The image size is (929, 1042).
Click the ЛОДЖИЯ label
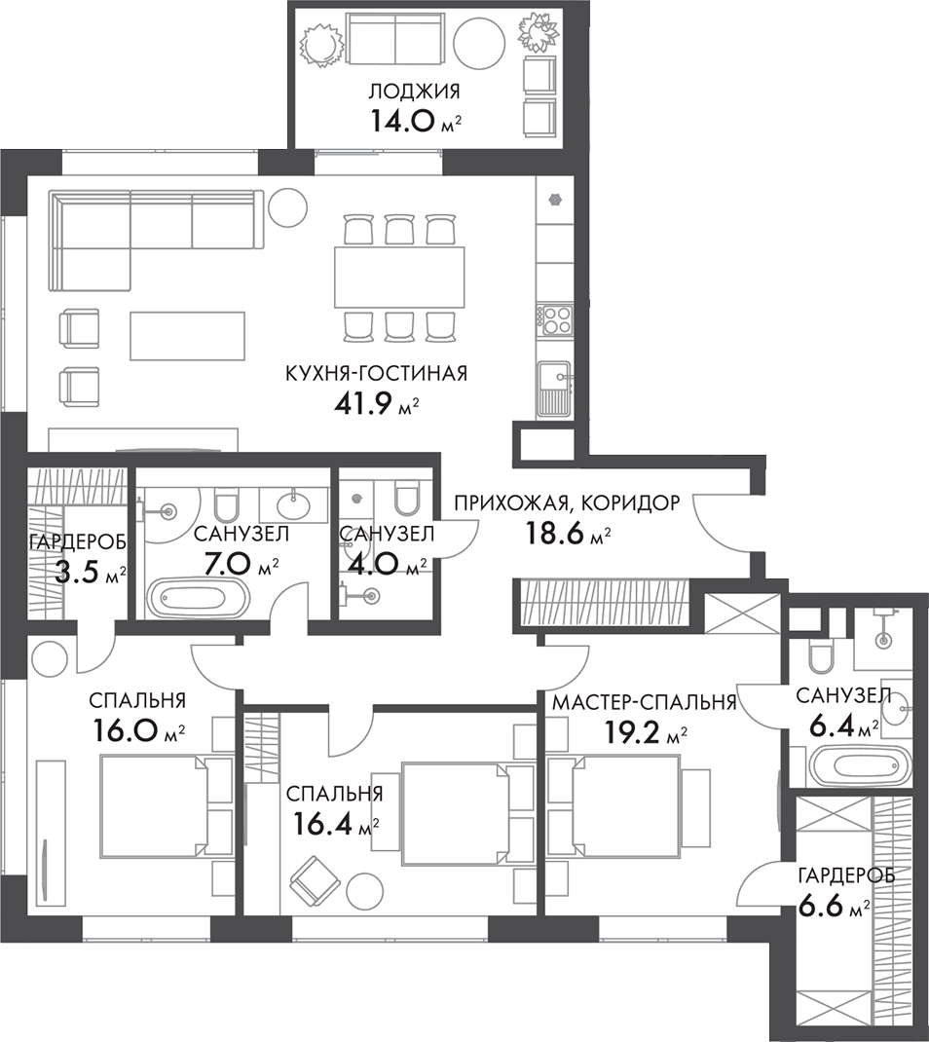tap(415, 91)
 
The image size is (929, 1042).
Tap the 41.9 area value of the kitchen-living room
tap(365, 403)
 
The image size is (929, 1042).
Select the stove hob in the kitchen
tap(555, 319)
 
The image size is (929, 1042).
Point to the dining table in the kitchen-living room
tap(399, 277)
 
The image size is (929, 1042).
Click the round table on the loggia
tap(479, 41)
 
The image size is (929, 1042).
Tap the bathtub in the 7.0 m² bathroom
tap(199, 597)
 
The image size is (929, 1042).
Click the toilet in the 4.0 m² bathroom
tap(405, 502)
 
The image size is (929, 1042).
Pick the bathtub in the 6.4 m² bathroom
tap(860, 765)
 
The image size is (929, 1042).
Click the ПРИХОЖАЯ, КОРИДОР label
tap(567, 503)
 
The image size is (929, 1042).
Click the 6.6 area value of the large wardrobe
tap(821, 905)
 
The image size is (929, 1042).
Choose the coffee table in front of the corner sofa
tap(187, 336)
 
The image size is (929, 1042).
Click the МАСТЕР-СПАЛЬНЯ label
tap(645, 702)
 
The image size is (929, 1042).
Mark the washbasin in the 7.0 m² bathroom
tap(293, 505)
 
